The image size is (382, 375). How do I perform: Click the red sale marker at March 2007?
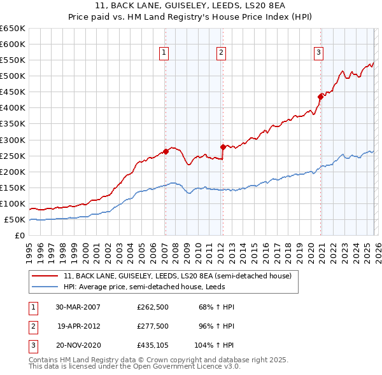tap(166, 151)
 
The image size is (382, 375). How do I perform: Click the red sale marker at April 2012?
tap(223, 147)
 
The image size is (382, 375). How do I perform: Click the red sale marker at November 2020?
tap(320, 97)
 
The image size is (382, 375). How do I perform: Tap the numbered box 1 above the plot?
tap(164, 53)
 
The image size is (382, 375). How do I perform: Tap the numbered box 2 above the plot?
tap(221, 53)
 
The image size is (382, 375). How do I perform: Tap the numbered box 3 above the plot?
tap(318, 53)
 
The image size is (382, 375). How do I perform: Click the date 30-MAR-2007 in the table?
tap(78, 307)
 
